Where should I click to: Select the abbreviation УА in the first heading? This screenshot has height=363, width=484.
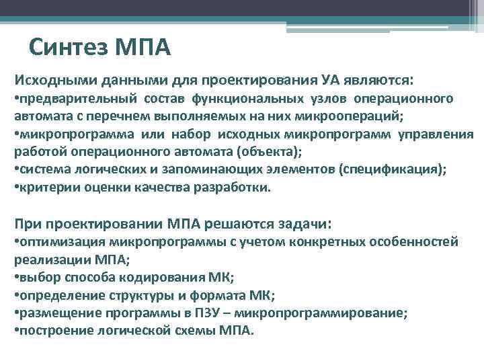[331, 81]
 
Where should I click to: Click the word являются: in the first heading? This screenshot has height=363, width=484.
[380, 81]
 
